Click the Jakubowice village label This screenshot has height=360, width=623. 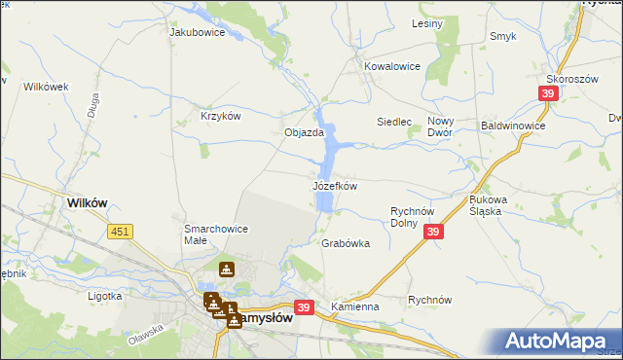point(198,32)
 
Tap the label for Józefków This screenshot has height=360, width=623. point(335,185)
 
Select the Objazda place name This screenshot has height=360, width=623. point(303,132)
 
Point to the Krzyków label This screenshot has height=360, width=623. point(220,115)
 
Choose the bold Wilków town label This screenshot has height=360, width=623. point(87,202)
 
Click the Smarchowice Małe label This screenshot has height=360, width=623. point(216,234)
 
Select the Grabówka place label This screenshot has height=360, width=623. point(346,244)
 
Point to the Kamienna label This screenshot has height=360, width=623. point(354,306)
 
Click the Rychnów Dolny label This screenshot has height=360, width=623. point(418,216)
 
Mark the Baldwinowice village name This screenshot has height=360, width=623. point(513,126)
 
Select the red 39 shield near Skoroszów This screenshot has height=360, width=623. point(547,92)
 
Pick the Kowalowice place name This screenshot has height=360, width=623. point(391,66)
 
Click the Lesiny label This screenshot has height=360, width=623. point(427,22)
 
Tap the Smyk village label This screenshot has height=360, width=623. point(503,36)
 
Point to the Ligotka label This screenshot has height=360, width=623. point(104,295)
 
